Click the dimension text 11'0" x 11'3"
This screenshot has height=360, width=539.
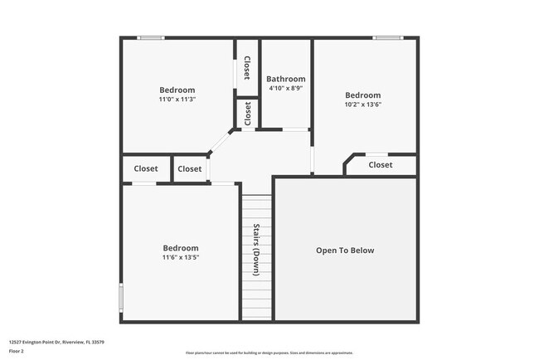177,100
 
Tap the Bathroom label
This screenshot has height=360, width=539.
285,79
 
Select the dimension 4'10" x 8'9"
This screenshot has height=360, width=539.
285,88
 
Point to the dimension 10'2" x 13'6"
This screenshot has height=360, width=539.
363,105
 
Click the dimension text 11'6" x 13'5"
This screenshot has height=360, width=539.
180,257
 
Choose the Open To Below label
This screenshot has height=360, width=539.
345,251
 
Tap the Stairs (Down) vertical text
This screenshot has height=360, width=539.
256,250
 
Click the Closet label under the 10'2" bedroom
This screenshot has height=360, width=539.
381,165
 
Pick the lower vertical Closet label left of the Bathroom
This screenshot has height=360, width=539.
247,114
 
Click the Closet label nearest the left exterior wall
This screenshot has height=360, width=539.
146,168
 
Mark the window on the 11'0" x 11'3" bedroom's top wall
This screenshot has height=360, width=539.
151,37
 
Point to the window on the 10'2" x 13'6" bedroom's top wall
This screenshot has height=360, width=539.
387,37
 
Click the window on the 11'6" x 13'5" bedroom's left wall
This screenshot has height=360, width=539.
121,296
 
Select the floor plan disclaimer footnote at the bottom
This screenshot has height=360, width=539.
269,353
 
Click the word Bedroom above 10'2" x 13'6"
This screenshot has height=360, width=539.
363,95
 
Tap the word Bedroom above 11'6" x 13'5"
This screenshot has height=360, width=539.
180,248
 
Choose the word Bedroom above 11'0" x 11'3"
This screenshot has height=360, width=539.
177,90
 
